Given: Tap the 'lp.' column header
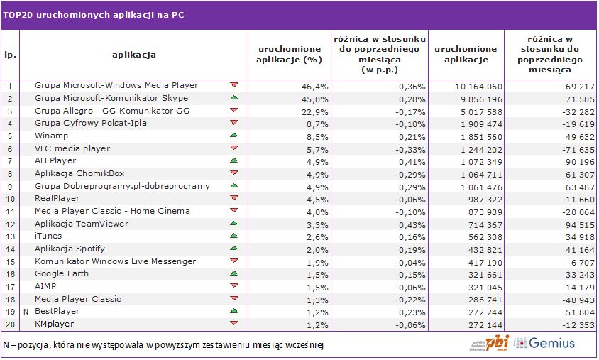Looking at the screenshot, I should pos(10,55).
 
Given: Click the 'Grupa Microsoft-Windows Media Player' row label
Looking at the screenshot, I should pos(116,85).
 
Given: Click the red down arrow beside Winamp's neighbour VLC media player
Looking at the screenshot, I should pos(234,148).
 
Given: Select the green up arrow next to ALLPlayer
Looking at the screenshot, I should pos(234,160).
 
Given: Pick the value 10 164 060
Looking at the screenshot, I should pos(477,86).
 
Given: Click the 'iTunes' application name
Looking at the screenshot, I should pos(48,236).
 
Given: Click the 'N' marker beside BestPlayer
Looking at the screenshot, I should pos(26,311).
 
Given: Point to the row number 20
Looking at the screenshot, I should pos(10,324).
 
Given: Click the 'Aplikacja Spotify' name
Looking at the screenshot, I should pos(70,249).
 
